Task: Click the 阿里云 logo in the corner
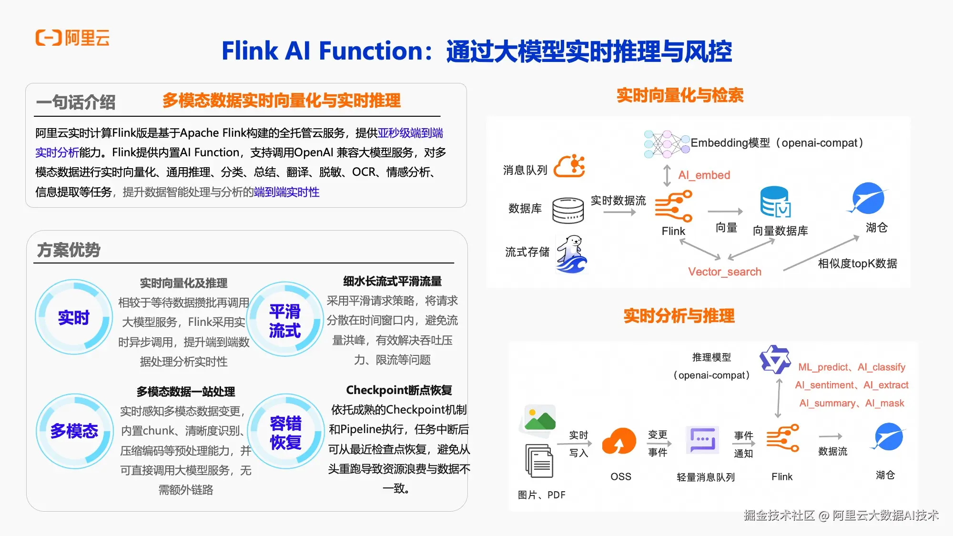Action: click(72, 38)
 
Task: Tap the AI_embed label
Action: click(704, 175)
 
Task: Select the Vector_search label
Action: click(725, 272)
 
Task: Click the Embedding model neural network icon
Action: click(667, 144)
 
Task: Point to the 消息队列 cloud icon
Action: click(569, 166)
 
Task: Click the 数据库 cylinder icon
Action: click(568, 210)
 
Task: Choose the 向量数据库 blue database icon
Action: click(775, 202)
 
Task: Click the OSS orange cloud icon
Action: click(619, 441)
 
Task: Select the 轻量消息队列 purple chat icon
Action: click(702, 440)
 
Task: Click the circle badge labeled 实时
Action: click(74, 317)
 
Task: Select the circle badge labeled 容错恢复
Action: click(285, 432)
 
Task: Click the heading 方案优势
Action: click(69, 250)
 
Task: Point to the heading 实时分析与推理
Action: click(679, 315)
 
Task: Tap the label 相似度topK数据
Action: click(857, 263)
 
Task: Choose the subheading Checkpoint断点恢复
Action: click(399, 390)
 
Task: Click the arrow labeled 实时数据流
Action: click(619, 212)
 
